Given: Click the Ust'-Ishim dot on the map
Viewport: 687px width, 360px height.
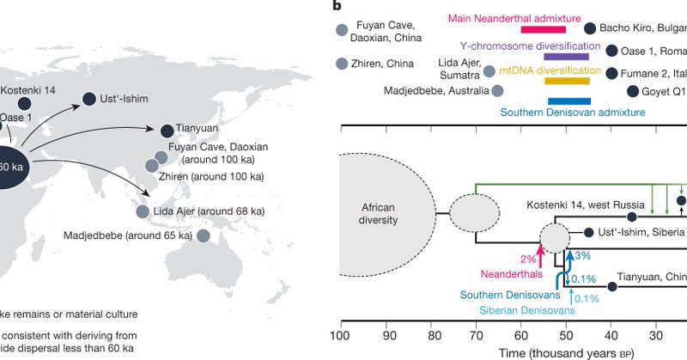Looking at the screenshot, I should (88, 101).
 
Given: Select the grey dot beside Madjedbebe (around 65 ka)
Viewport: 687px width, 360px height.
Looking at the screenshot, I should (204, 235).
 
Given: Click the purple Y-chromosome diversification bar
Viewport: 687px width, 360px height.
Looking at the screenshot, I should (566, 56).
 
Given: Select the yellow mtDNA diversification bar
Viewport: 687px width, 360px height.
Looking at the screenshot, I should (567, 81).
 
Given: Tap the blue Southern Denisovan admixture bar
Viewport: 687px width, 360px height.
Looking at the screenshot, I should (568, 101).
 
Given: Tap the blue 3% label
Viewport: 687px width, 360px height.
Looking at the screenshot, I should (581, 255).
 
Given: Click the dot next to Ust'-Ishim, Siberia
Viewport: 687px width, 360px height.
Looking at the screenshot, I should (588, 233).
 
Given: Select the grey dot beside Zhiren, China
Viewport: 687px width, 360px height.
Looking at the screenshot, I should (343, 64).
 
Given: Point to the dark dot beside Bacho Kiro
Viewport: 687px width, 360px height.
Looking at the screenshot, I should (590, 28).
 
